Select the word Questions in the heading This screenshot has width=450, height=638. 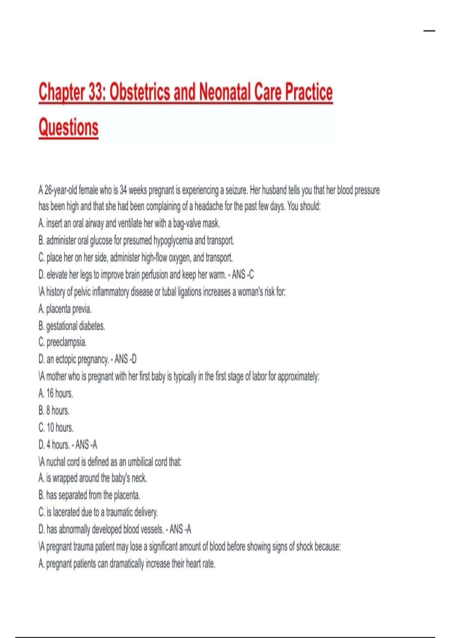(x=69, y=127)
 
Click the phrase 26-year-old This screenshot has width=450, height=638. (x=61, y=191)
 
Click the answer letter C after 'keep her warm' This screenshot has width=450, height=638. (x=251, y=275)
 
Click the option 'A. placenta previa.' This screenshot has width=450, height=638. (x=65, y=309)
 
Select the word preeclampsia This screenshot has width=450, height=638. (x=66, y=343)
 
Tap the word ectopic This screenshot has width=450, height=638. (x=67, y=360)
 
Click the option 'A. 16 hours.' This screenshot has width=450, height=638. (x=56, y=393)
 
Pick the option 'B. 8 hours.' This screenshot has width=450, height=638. (x=54, y=411)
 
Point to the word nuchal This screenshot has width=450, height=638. (x=56, y=462)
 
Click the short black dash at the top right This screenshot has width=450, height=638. (x=429, y=31)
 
